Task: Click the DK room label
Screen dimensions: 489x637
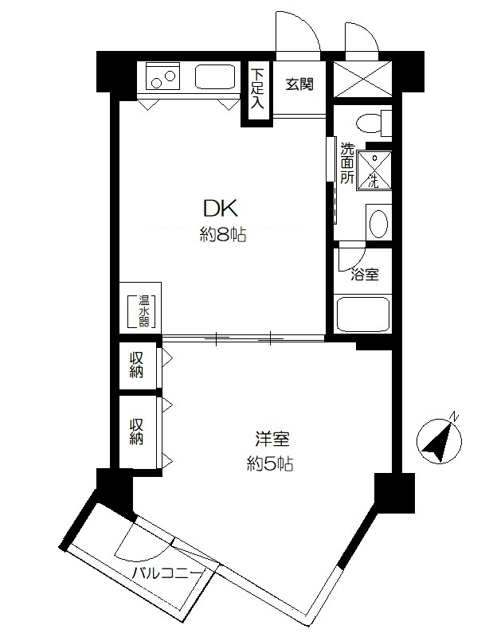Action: click(x=220, y=209)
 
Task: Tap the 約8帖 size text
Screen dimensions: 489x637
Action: click(x=223, y=234)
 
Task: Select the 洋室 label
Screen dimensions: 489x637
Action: click(x=272, y=439)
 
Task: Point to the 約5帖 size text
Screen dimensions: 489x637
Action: click(x=270, y=463)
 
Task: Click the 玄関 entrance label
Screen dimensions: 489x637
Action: click(x=299, y=84)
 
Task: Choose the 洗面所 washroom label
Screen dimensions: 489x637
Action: click(x=346, y=162)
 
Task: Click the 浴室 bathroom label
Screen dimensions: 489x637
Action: click(x=365, y=275)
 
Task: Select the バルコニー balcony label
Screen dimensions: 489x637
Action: click(x=167, y=573)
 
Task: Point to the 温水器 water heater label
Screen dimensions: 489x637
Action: click(x=144, y=311)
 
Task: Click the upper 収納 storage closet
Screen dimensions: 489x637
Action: click(x=137, y=365)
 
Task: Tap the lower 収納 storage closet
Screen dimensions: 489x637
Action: click(x=137, y=432)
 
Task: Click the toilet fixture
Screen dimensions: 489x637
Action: click(x=374, y=123)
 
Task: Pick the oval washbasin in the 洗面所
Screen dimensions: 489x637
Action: click(x=380, y=223)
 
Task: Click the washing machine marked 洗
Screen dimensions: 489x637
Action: click(x=374, y=170)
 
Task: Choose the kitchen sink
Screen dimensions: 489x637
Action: click(x=216, y=76)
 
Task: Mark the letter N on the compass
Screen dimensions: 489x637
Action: click(x=455, y=416)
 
